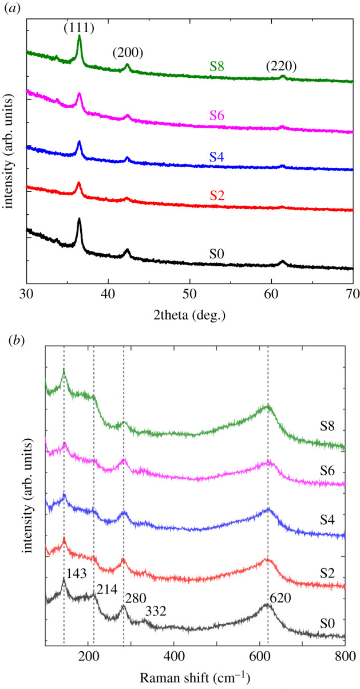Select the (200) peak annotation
click(x=128, y=53)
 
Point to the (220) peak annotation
click(x=281, y=66)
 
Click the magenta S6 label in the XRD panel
click(x=216, y=116)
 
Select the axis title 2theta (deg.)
click(x=189, y=315)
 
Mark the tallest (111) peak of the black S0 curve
click(x=79, y=219)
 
